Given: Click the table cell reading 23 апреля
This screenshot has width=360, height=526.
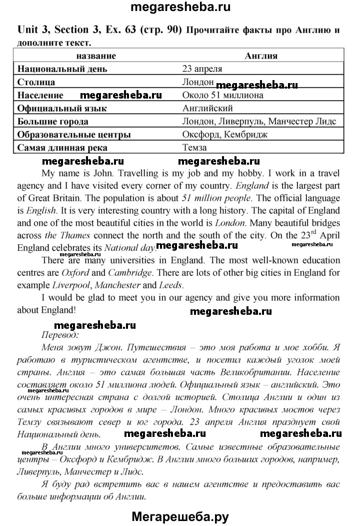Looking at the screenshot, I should click(202, 69).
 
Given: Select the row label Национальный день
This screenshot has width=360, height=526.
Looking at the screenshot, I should click(62, 69).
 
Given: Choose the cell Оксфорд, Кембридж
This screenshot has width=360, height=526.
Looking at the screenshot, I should click(225, 134).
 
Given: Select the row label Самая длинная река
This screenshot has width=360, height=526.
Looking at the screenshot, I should click(62, 148).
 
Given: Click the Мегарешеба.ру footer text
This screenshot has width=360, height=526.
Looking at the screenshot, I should click(180, 515).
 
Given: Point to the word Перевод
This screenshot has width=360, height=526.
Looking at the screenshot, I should click(58, 336).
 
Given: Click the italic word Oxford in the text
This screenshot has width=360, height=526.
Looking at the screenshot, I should click(75, 273).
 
